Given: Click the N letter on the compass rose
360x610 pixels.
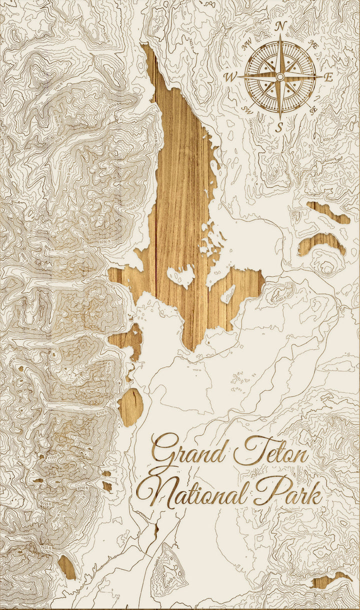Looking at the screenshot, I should click(x=281, y=26).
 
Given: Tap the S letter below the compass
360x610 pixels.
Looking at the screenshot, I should click(x=280, y=126).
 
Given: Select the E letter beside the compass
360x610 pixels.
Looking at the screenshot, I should click(x=328, y=77).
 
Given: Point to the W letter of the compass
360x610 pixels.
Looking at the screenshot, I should click(x=231, y=77).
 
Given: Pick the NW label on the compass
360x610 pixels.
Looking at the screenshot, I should click(x=246, y=45).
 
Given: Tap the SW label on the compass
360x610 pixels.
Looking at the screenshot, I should click(x=247, y=109).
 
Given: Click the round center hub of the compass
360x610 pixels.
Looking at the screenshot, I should click(x=280, y=76).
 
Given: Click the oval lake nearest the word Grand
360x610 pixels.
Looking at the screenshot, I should click(x=131, y=406).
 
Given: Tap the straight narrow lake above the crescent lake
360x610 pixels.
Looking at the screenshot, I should click(x=328, y=211).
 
